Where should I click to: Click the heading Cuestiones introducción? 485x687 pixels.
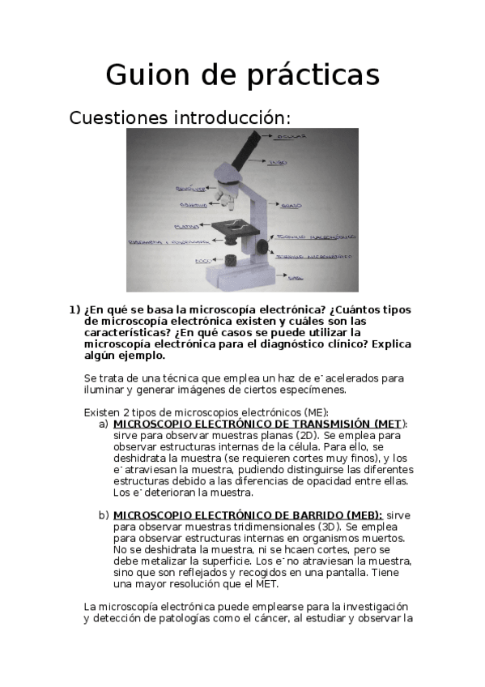[x=180, y=118]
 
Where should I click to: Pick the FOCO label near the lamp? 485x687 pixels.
[x=202, y=261]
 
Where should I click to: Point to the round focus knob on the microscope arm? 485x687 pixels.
[x=262, y=245]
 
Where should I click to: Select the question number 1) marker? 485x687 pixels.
[x=74, y=310]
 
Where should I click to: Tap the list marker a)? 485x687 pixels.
[x=103, y=424]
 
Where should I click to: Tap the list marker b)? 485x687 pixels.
[x=103, y=515]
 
